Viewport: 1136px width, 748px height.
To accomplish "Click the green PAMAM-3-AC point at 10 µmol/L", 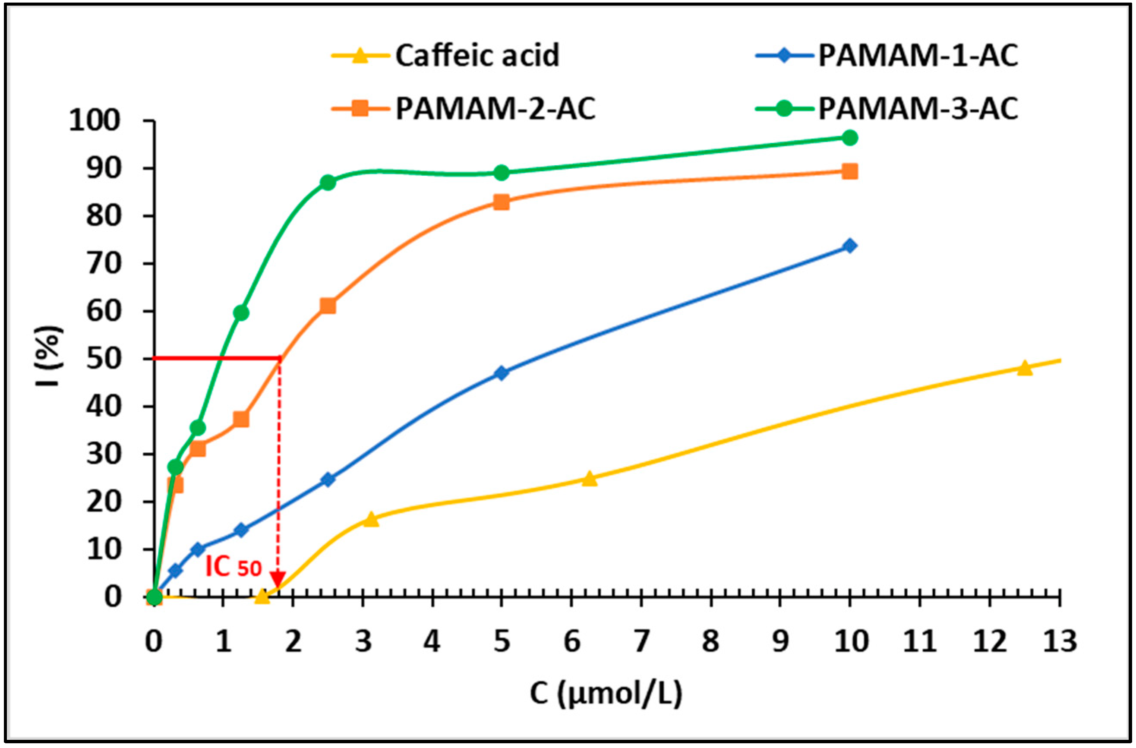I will (x=849, y=138).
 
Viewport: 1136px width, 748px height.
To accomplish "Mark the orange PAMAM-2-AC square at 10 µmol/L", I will (x=849, y=171).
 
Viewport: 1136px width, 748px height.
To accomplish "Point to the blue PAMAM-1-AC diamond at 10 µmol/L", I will (x=849, y=246).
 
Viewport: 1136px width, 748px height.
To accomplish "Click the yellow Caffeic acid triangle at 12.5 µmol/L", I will (x=1024, y=368).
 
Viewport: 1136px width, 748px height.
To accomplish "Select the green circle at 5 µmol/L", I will (x=501, y=173).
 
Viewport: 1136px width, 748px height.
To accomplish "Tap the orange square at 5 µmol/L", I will (x=501, y=202).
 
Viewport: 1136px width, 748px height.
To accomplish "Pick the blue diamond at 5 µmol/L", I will (x=501, y=373).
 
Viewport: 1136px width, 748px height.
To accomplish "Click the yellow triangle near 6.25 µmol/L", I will (x=590, y=478).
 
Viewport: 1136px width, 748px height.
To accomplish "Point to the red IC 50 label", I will (x=233, y=567).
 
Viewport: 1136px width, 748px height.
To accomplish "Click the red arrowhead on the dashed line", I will (x=278, y=579).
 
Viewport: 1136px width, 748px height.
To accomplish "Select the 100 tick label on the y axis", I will (x=94, y=121).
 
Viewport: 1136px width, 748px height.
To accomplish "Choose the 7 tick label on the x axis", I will (x=641, y=641).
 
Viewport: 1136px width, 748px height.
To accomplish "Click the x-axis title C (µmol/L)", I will (x=606, y=693).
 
